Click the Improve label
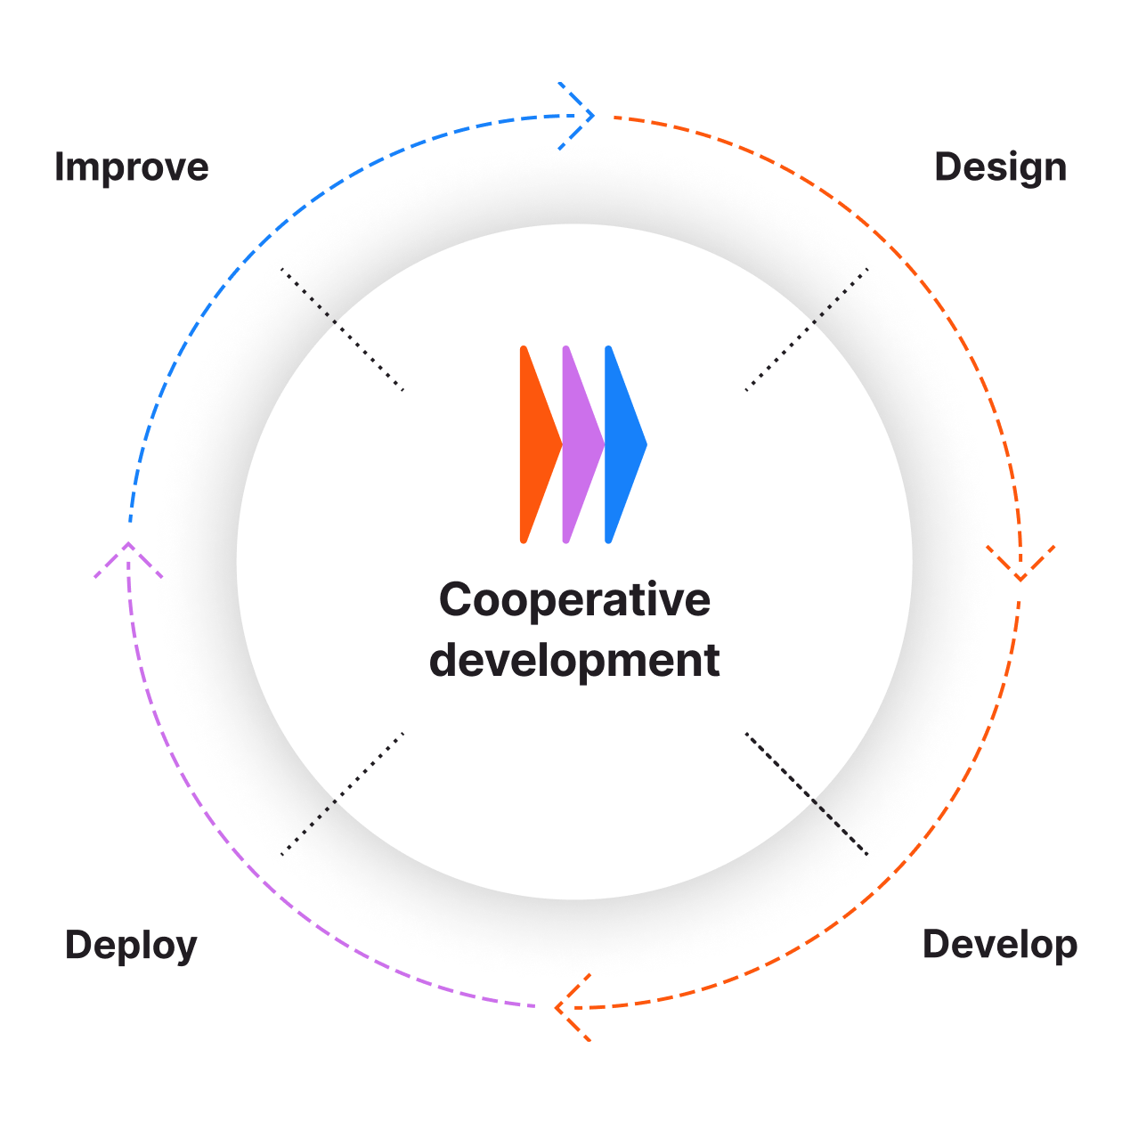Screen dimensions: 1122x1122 click(x=132, y=167)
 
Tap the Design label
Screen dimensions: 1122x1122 click(x=1000, y=167)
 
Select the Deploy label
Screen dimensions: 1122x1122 click(x=131, y=946)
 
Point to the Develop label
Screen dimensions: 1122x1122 click(x=1000, y=945)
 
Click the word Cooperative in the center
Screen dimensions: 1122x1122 click(x=574, y=599)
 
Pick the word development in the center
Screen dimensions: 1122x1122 click(x=574, y=660)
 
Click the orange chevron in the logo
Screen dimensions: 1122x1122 click(x=537, y=444)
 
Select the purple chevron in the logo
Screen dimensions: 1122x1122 click(x=580, y=444)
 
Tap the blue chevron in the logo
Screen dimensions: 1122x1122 click(x=622, y=444)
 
